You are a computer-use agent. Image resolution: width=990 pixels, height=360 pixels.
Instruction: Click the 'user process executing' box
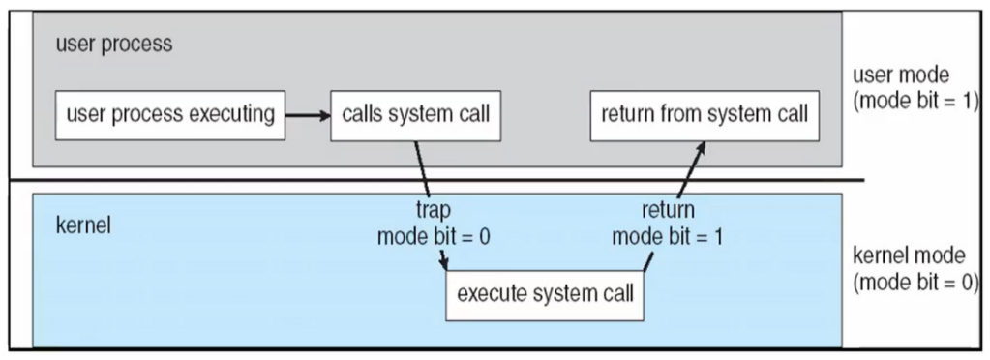(x=170, y=115)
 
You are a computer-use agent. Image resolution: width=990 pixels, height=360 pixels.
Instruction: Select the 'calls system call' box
(x=415, y=115)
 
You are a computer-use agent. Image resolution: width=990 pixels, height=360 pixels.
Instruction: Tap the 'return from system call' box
(x=705, y=115)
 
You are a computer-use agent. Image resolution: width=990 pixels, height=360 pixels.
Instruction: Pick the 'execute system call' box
(x=545, y=295)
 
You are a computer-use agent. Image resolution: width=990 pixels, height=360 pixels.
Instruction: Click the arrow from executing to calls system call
(x=308, y=115)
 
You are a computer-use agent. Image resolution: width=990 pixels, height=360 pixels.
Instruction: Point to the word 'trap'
(x=434, y=209)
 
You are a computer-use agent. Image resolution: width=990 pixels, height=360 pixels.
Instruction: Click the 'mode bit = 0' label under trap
(x=434, y=236)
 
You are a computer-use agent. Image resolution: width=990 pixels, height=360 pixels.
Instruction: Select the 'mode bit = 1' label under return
(x=668, y=236)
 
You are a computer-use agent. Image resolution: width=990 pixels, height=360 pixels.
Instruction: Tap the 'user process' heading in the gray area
(x=114, y=45)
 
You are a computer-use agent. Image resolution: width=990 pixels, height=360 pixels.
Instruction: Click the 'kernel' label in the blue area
(x=83, y=225)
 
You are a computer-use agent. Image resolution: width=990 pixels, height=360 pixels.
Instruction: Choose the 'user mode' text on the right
(x=901, y=75)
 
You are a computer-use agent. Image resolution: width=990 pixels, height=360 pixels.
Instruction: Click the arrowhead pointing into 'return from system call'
(x=700, y=148)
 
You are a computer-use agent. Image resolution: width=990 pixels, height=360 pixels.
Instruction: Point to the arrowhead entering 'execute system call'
(x=444, y=262)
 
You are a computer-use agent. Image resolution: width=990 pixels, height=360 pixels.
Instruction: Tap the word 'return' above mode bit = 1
(x=668, y=209)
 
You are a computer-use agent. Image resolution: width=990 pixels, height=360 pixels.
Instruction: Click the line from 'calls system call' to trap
(x=422, y=168)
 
